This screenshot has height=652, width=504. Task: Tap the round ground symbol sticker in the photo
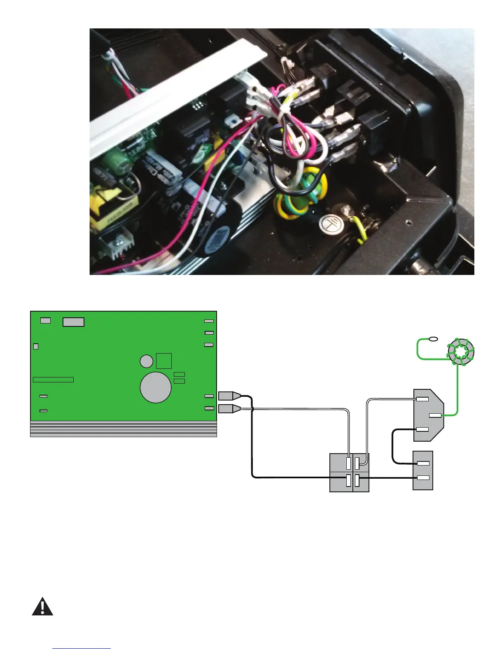[x=329, y=224]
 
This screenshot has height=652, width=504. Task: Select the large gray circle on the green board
[x=156, y=387]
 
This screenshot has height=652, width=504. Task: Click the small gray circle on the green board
[x=147, y=361]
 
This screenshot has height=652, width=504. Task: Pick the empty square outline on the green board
[x=164, y=361]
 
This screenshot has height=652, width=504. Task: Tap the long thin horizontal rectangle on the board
[x=53, y=380]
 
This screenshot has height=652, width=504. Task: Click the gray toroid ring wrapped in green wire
[x=461, y=352]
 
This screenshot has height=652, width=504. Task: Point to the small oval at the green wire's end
[x=433, y=339]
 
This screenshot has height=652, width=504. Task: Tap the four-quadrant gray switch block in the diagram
[x=349, y=473]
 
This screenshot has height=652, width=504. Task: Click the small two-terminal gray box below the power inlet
[x=423, y=470]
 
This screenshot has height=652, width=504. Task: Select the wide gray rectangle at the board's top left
[x=73, y=322]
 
